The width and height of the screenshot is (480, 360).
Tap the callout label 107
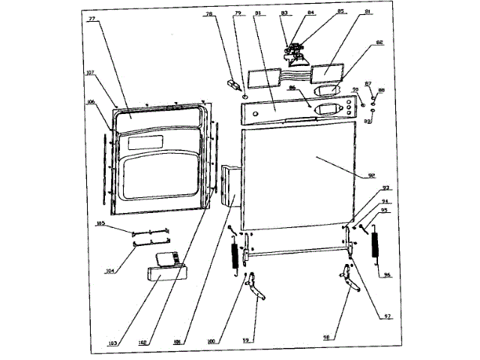pyautogui.click(x=90, y=73)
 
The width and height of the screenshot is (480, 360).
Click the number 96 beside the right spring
pyautogui.click(x=388, y=274)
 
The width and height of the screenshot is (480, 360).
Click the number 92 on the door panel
pyautogui.click(x=370, y=176)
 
